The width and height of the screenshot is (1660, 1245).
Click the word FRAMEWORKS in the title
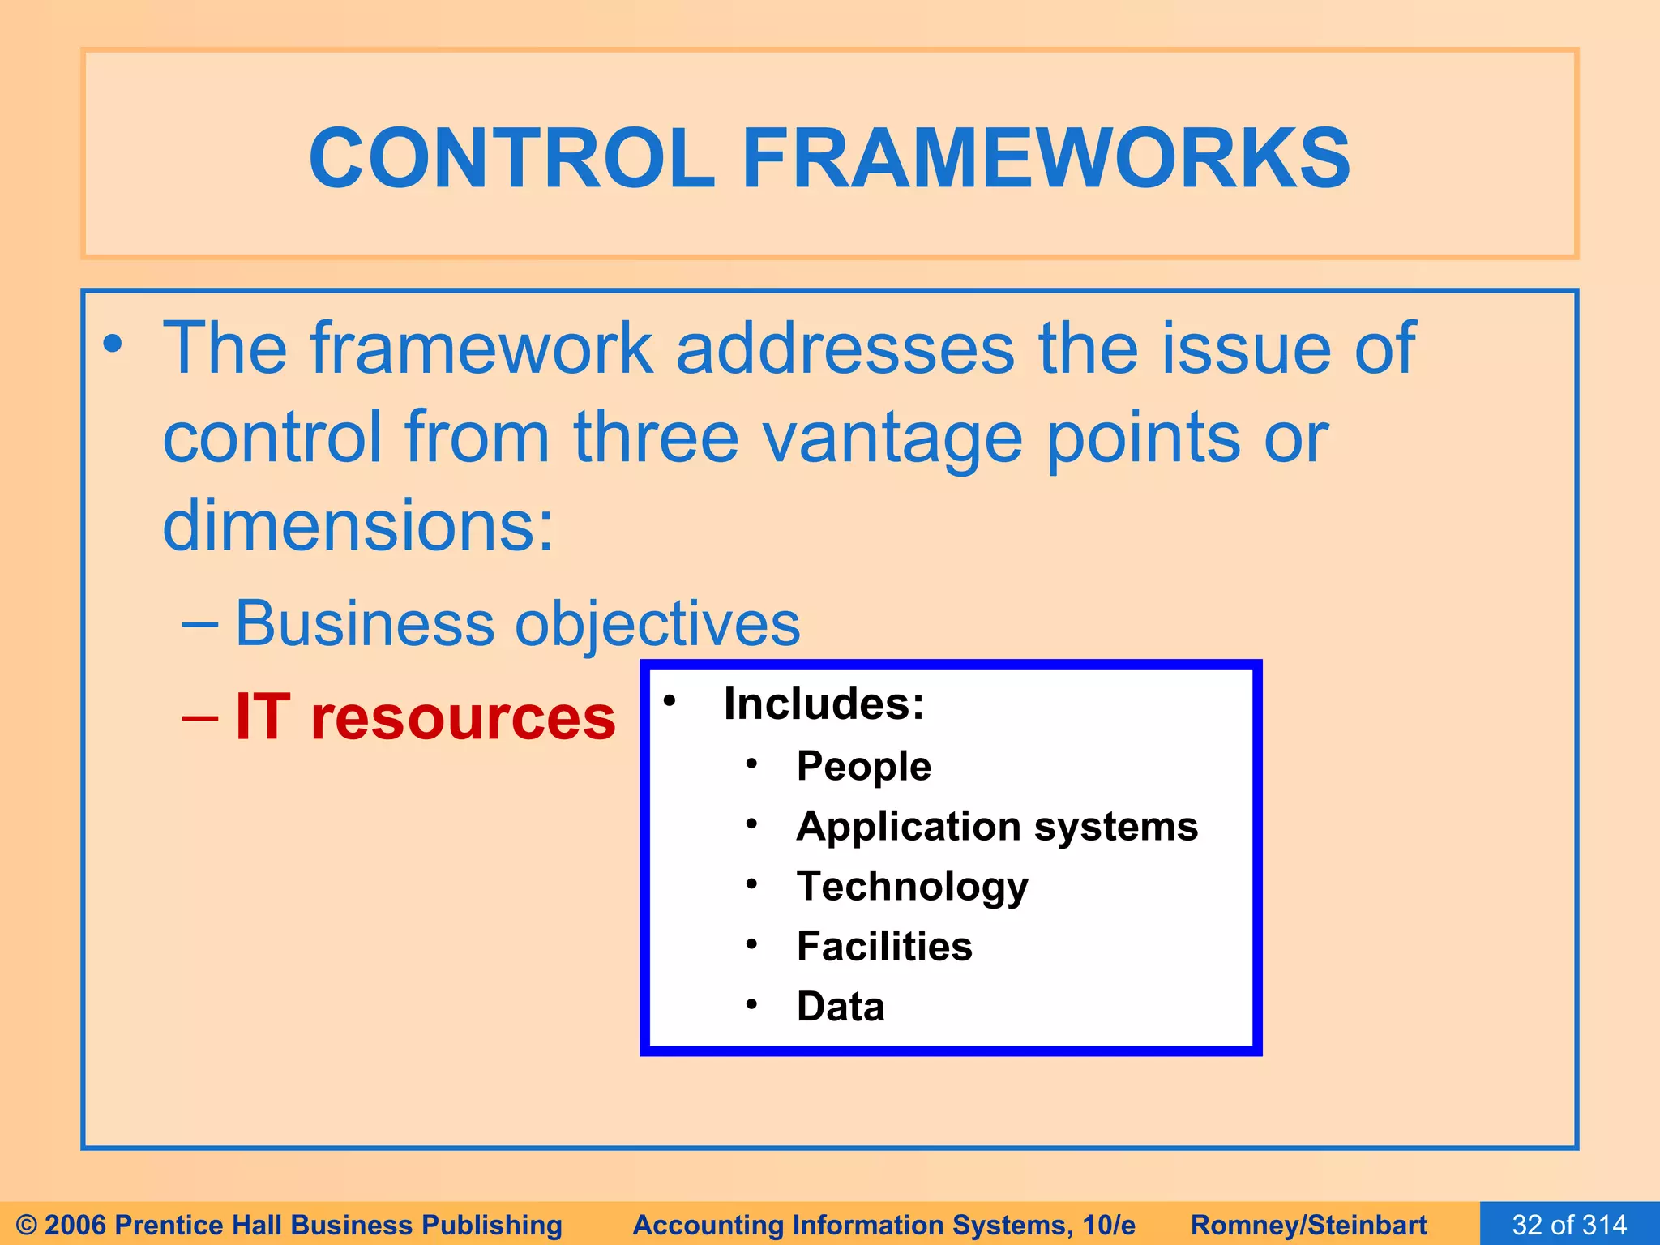pyautogui.click(x=1046, y=158)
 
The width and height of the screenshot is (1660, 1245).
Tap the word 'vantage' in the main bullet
pyautogui.click(x=892, y=438)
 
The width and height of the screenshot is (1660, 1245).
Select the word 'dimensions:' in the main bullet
pyautogui.click(x=358, y=525)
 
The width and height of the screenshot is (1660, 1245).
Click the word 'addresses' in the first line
pyautogui.click(x=845, y=349)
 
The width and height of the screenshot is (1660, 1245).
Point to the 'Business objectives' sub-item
pyautogui.click(x=517, y=623)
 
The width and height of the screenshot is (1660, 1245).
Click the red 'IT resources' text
pyautogui.click(x=425, y=718)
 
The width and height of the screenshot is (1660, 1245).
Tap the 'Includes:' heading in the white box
pyautogui.click(x=824, y=703)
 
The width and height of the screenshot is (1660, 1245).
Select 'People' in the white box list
pyautogui.click(x=863, y=766)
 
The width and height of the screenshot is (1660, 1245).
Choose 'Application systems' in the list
pyautogui.click(x=997, y=827)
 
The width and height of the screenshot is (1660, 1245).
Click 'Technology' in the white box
pyautogui.click(x=912, y=886)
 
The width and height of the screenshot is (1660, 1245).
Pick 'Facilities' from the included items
pyautogui.click(x=883, y=946)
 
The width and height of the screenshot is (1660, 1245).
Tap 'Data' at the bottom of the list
pyautogui.click(x=841, y=1007)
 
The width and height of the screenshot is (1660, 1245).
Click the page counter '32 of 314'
pyautogui.click(x=1569, y=1224)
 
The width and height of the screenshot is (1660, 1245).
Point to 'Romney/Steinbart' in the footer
pyautogui.click(x=1308, y=1225)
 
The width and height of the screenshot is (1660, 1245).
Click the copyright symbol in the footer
pyautogui.click(x=27, y=1225)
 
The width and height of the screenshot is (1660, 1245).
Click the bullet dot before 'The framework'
pyautogui.click(x=113, y=344)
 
